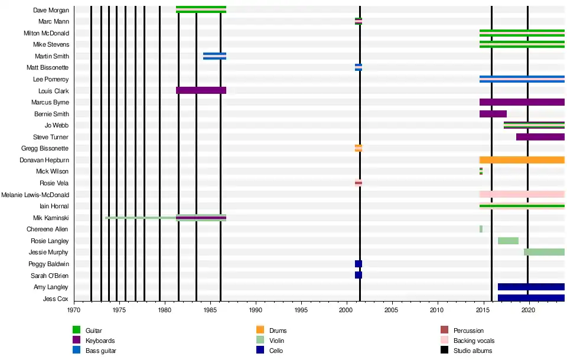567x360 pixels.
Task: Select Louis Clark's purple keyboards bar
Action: pyautogui.click(x=201, y=91)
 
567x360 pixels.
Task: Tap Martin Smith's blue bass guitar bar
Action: pyautogui.click(x=214, y=56)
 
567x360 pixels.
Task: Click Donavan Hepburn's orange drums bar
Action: pyautogui.click(x=522, y=160)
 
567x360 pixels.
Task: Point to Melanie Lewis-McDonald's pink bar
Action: pyautogui.click(x=522, y=195)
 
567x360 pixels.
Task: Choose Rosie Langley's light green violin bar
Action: pyautogui.click(x=508, y=241)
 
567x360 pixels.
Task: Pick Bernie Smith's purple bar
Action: pyautogui.click(x=493, y=114)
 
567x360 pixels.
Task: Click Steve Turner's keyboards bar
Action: pyautogui.click(x=540, y=137)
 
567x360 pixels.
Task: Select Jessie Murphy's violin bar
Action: pyautogui.click(x=544, y=252)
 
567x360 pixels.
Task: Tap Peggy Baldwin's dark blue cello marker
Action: pyautogui.click(x=359, y=264)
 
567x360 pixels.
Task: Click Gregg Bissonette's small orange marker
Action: pyautogui.click(x=359, y=148)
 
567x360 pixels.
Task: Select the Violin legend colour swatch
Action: pyautogui.click(x=260, y=341)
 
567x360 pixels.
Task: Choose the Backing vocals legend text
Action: pyautogui.click(x=474, y=341)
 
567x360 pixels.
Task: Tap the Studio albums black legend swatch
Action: pyautogui.click(x=445, y=350)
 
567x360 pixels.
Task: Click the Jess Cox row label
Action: pyautogui.click(x=56, y=299)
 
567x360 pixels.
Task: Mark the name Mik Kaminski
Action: pyautogui.click(x=51, y=218)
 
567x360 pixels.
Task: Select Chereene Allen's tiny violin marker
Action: pyautogui.click(x=481, y=229)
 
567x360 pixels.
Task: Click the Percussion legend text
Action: pyautogui.click(x=468, y=330)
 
